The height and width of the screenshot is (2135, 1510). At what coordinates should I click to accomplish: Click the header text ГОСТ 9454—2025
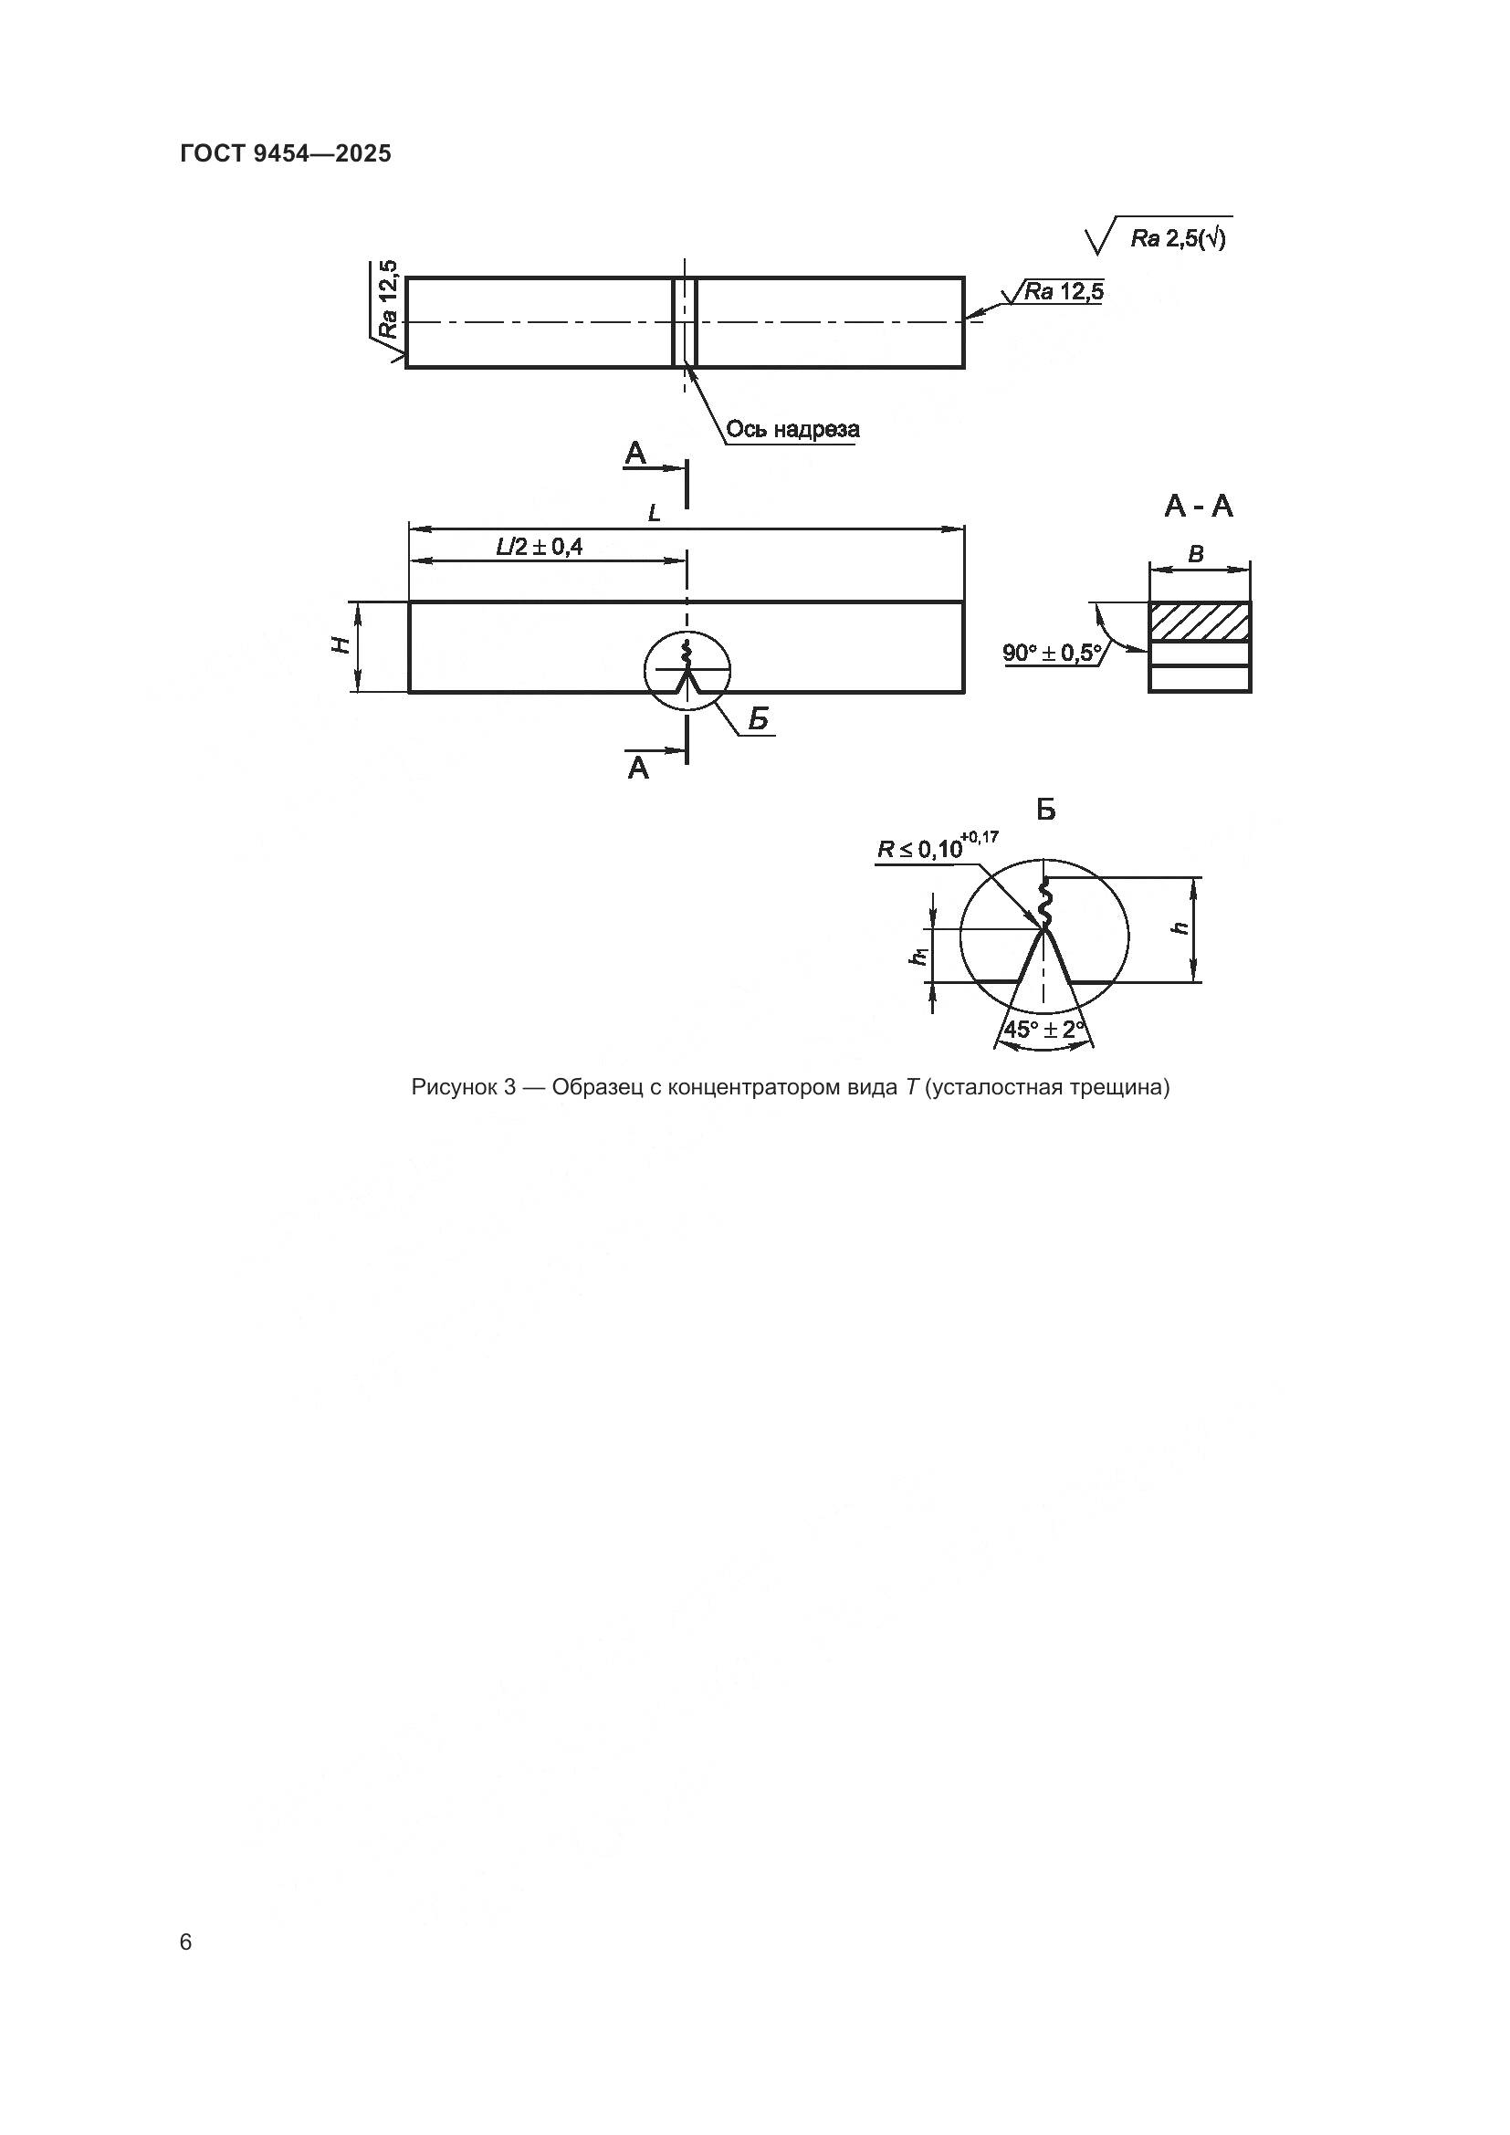(x=286, y=153)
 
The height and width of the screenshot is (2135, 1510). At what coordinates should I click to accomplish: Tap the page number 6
(x=186, y=1942)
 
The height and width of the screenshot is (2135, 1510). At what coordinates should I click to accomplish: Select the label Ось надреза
(x=792, y=430)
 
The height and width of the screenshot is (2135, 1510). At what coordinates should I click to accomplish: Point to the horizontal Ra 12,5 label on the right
(x=1064, y=292)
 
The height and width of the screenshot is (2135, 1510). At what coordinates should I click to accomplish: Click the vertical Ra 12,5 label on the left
(x=388, y=298)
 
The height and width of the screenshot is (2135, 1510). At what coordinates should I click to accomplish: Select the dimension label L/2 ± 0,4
(x=540, y=547)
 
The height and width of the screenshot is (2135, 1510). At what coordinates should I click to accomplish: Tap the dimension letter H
(x=343, y=644)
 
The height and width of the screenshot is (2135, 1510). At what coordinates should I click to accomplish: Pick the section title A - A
(x=1199, y=507)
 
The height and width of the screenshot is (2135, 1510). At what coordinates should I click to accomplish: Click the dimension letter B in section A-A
(x=1197, y=555)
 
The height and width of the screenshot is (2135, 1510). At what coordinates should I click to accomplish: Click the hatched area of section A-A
(x=1200, y=622)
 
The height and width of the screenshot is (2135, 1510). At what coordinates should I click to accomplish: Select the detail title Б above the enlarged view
(x=1046, y=811)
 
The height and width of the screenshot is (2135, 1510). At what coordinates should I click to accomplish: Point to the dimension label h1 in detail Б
(x=918, y=954)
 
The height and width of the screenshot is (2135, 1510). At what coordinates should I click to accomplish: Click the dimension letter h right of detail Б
(x=1180, y=927)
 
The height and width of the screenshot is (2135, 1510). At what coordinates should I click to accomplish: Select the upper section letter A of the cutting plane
(x=636, y=455)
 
